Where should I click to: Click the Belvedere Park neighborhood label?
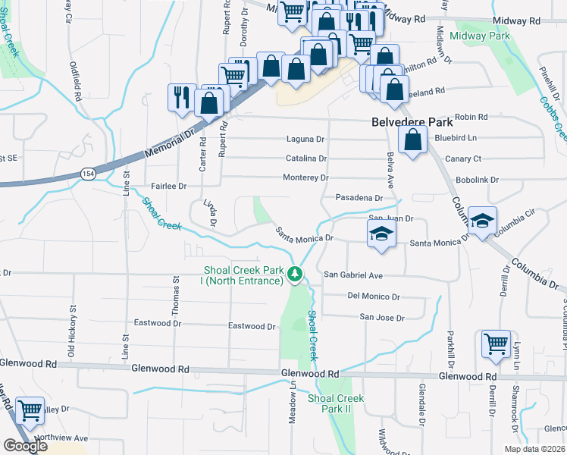pos(412,121)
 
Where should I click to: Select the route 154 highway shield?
pos(88,174)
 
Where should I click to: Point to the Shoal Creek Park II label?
pos(337,403)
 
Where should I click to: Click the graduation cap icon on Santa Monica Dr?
pos(381,234)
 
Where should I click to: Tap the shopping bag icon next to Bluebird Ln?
pos(412,141)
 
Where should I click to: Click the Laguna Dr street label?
pos(305,139)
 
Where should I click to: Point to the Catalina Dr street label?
pos(305,158)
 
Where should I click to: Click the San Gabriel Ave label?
pos(353,275)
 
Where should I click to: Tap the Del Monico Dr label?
pos(373,296)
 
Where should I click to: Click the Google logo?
pos(25,446)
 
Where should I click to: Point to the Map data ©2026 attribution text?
pos(534,448)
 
